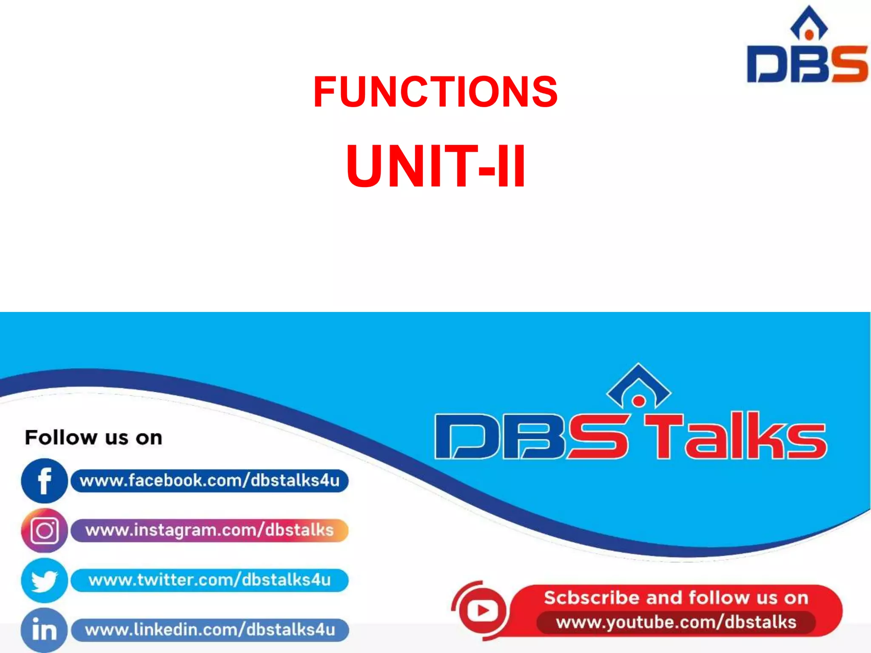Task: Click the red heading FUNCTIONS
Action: (x=435, y=91)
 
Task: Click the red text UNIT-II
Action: (x=436, y=166)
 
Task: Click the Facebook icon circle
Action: (x=44, y=481)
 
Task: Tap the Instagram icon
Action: (x=44, y=531)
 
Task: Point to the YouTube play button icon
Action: (x=482, y=611)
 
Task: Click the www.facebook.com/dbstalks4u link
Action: (x=210, y=481)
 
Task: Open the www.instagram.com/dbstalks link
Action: (x=210, y=531)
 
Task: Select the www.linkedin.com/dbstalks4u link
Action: (x=210, y=630)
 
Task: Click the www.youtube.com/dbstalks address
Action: (x=676, y=622)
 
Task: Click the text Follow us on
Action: (x=94, y=437)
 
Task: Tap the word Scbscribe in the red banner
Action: (x=592, y=598)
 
